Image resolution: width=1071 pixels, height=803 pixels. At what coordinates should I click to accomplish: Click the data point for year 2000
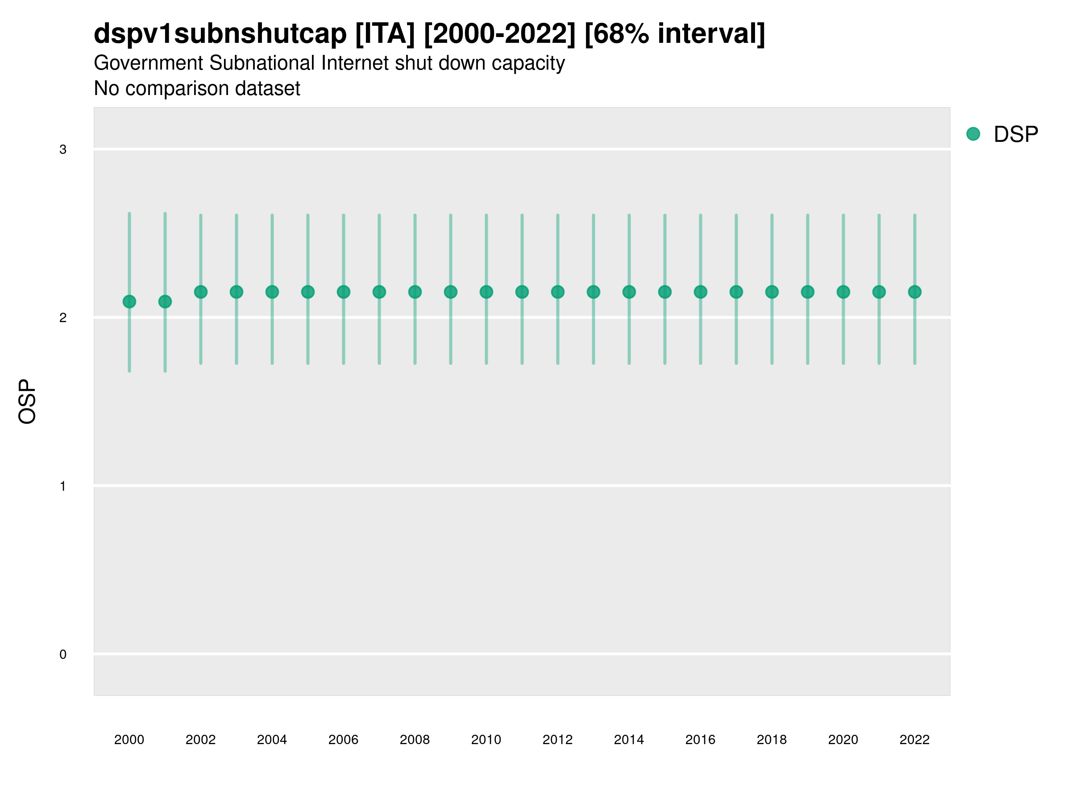(x=129, y=302)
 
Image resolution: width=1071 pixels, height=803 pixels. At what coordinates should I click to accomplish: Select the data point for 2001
(x=165, y=302)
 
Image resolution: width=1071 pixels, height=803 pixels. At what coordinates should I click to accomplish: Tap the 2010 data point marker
(x=486, y=292)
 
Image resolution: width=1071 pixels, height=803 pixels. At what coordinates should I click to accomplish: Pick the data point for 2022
(x=915, y=292)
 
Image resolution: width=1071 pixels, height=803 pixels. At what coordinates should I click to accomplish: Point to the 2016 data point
(x=701, y=292)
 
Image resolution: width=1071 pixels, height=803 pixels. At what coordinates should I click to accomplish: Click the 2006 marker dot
(x=343, y=292)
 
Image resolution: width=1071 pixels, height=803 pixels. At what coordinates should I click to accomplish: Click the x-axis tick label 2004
(x=272, y=740)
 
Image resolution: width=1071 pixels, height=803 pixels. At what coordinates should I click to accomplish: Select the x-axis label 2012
(x=557, y=740)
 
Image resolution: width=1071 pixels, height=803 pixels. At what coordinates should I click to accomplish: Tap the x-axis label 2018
(x=772, y=740)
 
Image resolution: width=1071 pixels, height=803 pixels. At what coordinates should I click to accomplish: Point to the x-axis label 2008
(x=415, y=740)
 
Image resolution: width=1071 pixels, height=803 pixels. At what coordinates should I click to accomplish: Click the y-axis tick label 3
(x=63, y=149)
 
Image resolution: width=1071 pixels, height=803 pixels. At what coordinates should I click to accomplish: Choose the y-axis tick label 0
(x=63, y=654)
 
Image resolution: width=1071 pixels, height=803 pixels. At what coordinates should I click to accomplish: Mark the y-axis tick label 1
(x=63, y=486)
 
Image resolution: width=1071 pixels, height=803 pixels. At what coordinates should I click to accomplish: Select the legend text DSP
(x=1016, y=135)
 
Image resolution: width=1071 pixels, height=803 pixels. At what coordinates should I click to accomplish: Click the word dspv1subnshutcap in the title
(x=220, y=34)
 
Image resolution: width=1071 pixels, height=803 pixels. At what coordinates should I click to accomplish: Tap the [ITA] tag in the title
(x=385, y=34)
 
